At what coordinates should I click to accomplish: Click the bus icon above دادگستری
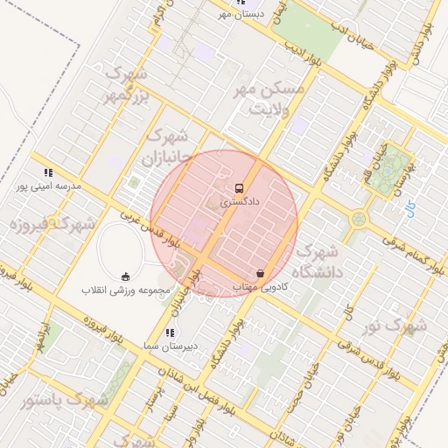click(x=239, y=188)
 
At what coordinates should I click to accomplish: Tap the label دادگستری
click(x=239, y=202)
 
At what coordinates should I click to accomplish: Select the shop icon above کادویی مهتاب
click(x=260, y=273)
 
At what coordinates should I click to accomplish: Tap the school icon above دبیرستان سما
click(x=170, y=332)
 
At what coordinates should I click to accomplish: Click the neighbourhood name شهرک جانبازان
click(x=166, y=149)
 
